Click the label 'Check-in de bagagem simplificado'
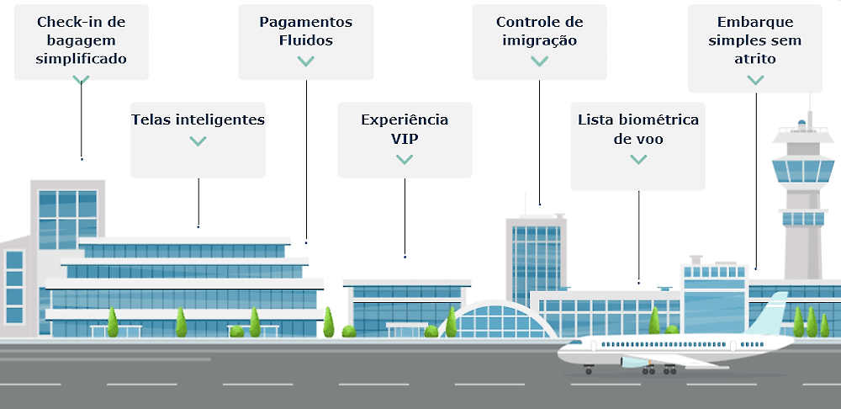[x=82, y=40]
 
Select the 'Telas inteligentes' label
[x=198, y=120]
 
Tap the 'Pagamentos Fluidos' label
[x=305, y=31]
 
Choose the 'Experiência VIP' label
[x=405, y=129]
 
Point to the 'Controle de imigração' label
[x=539, y=31]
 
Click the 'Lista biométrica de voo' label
[x=638, y=129]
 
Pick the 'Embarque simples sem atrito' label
[x=755, y=40]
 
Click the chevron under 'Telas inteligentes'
[x=198, y=141]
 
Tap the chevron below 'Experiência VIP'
[x=405, y=159]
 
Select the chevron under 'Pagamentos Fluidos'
[x=305, y=61]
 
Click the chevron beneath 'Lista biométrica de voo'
[x=638, y=159]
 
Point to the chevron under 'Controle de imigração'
[x=539, y=61]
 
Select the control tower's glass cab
[x=804, y=171]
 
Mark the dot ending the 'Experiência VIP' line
[x=405, y=256]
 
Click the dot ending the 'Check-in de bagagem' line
[x=82, y=158]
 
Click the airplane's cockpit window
[x=574, y=344]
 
